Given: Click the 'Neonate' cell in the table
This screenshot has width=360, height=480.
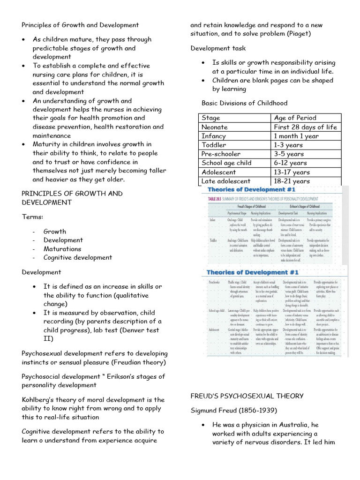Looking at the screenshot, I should tap(214, 127).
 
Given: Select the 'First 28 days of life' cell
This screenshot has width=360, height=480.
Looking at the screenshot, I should tap(305, 127).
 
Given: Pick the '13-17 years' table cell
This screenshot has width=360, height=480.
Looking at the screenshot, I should tap(292, 172).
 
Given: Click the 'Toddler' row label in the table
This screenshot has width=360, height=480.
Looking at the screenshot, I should tap(213, 145).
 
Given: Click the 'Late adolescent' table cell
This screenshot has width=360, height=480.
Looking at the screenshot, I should tap(225, 181).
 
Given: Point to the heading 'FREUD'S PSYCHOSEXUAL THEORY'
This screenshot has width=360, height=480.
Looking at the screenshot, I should tap(247, 396).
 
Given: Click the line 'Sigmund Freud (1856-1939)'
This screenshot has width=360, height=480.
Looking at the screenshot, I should tap(234, 411).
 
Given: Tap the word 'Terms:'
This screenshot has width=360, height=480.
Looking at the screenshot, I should tap(32, 217).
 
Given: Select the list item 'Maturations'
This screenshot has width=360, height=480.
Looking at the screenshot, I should tap(62, 249).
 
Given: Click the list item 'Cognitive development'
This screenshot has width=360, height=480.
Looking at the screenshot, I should tap(78, 257).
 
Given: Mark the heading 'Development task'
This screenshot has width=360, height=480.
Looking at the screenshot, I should tap(218, 48).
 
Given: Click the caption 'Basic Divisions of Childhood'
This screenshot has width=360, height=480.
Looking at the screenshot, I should tap(244, 103).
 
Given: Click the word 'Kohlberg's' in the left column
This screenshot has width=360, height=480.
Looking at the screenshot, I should tap(40, 400).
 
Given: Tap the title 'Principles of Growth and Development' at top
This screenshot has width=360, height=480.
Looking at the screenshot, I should tap(80, 25).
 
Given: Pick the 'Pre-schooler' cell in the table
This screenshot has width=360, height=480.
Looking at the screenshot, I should tap(221, 154).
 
